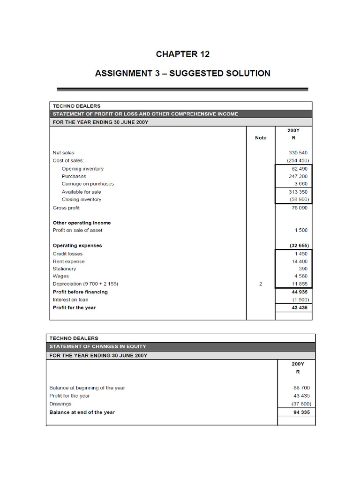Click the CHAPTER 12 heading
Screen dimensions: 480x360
tap(183, 54)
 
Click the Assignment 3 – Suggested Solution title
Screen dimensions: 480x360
tap(183, 74)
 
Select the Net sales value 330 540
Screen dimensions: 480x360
tap(299, 153)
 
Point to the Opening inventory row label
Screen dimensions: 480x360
tap(82, 169)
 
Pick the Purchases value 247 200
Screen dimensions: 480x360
tap(299, 176)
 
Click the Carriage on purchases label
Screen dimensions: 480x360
tap(88, 184)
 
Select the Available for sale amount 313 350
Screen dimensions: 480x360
tap(299, 192)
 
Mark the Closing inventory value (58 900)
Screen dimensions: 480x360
tap(299, 199)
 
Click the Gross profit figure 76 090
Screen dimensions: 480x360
tap(299, 208)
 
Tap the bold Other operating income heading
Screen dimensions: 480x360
tap(82, 223)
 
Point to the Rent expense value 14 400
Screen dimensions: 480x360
tap(300, 261)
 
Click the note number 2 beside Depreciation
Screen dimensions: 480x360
tap(261, 284)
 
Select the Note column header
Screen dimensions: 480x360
tap(261, 138)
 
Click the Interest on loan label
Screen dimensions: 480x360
tap(70, 300)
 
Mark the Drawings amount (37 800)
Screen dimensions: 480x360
tap(300, 404)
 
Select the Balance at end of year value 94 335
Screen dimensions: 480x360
tap(300, 412)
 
